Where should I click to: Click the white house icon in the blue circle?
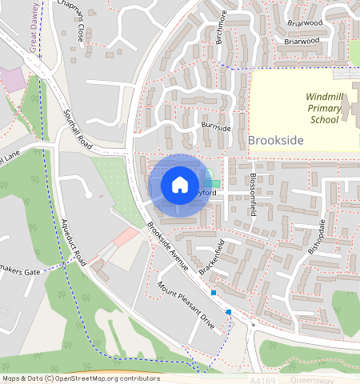tap(180, 185)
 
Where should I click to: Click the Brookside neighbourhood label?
tap(276, 140)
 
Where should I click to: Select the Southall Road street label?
tap(79, 132)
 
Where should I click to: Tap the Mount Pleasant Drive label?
tap(185, 306)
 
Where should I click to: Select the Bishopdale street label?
tap(317, 235)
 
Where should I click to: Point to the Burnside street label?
tap(216, 128)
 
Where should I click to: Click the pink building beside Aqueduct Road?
tap(126, 237)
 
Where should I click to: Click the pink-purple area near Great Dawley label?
tap(12, 79)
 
